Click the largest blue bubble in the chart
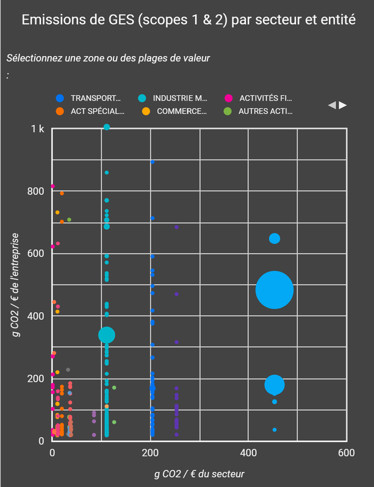click(275, 291)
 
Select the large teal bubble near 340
click(107, 335)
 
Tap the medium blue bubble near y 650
click(275, 238)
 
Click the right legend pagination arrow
click(343, 105)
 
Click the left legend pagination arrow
click(332, 105)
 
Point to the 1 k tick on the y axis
click(38, 129)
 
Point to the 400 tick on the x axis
click(248, 453)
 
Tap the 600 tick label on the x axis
click(346, 453)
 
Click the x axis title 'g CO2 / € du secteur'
click(200, 473)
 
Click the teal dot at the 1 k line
click(107, 127)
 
